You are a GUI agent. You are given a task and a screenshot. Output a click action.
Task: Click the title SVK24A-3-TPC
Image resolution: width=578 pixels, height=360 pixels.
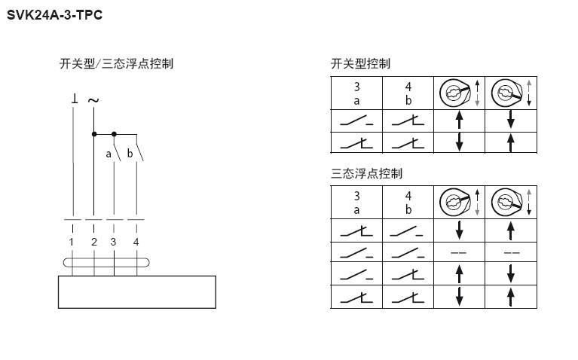point(54,14)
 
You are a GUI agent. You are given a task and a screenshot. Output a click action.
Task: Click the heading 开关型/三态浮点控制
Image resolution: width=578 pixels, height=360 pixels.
point(116,63)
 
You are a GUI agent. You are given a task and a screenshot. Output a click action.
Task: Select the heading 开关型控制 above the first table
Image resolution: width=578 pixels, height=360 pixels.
point(360,63)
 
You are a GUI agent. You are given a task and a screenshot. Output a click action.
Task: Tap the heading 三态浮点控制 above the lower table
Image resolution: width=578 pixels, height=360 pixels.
point(366,172)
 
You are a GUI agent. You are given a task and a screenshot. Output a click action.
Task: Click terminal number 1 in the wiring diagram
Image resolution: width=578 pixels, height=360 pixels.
point(72,242)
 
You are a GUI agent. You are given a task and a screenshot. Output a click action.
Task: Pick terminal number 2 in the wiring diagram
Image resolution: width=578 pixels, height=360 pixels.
point(93,242)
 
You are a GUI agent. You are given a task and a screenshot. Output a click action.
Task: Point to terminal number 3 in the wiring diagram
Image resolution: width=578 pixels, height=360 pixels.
point(114,242)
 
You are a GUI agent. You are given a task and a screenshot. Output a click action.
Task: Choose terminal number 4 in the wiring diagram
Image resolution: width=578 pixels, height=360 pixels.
point(136,242)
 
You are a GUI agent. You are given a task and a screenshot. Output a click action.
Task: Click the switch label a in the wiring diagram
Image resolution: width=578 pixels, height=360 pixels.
point(108,154)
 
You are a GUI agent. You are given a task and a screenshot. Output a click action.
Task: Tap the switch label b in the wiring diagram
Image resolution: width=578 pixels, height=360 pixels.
point(130,154)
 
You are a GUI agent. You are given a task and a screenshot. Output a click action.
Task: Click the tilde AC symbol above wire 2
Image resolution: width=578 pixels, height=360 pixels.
point(93,99)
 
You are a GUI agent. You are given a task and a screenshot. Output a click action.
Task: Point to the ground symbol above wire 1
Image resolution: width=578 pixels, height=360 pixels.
point(74,99)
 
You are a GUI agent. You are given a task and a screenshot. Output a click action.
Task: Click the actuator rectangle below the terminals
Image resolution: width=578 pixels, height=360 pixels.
point(136,291)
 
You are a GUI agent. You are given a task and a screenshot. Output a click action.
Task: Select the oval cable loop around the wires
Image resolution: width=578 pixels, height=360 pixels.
point(105,263)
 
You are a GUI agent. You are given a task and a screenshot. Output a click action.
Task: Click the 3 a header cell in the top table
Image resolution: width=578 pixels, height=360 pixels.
point(356,94)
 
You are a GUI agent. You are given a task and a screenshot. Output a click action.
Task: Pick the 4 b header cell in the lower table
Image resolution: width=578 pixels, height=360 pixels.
point(408,203)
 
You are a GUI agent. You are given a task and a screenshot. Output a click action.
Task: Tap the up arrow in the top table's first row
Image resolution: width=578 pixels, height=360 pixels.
point(459,121)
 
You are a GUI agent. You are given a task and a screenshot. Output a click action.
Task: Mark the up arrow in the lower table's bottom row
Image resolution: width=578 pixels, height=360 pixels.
point(510,297)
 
